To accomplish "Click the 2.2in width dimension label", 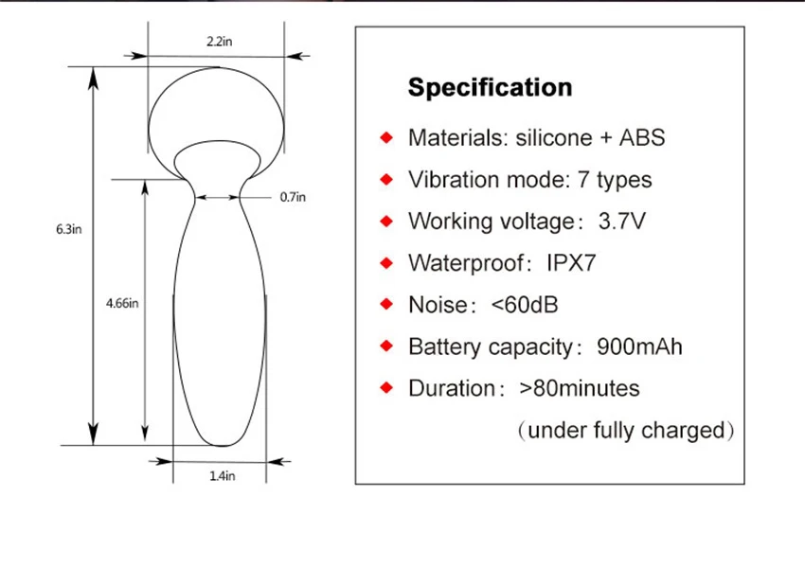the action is pyautogui.click(x=219, y=41).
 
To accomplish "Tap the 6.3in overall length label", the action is pyautogui.click(x=69, y=229).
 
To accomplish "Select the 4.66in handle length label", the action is pyautogui.click(x=122, y=303).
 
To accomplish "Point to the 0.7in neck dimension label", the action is pyautogui.click(x=293, y=197).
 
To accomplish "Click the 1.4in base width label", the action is pyautogui.click(x=223, y=476).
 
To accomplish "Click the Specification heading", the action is pyautogui.click(x=490, y=87).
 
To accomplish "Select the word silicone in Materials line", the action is pyautogui.click(x=553, y=137).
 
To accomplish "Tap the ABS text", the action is pyautogui.click(x=642, y=137).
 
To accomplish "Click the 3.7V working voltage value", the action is pyautogui.click(x=621, y=222).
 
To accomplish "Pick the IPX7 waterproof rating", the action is pyautogui.click(x=571, y=263).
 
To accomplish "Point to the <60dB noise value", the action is pyautogui.click(x=524, y=305).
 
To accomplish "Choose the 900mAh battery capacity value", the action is pyautogui.click(x=639, y=346).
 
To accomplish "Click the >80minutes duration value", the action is pyautogui.click(x=579, y=388).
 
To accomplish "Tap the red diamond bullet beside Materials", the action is pyautogui.click(x=386, y=137).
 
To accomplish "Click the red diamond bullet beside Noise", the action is pyautogui.click(x=386, y=305).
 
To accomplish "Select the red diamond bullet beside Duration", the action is pyautogui.click(x=386, y=388).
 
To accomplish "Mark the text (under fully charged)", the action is pyautogui.click(x=626, y=431).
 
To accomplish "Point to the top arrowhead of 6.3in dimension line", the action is pyautogui.click(x=93, y=78).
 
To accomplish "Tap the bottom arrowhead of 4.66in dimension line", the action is pyautogui.click(x=145, y=433).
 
